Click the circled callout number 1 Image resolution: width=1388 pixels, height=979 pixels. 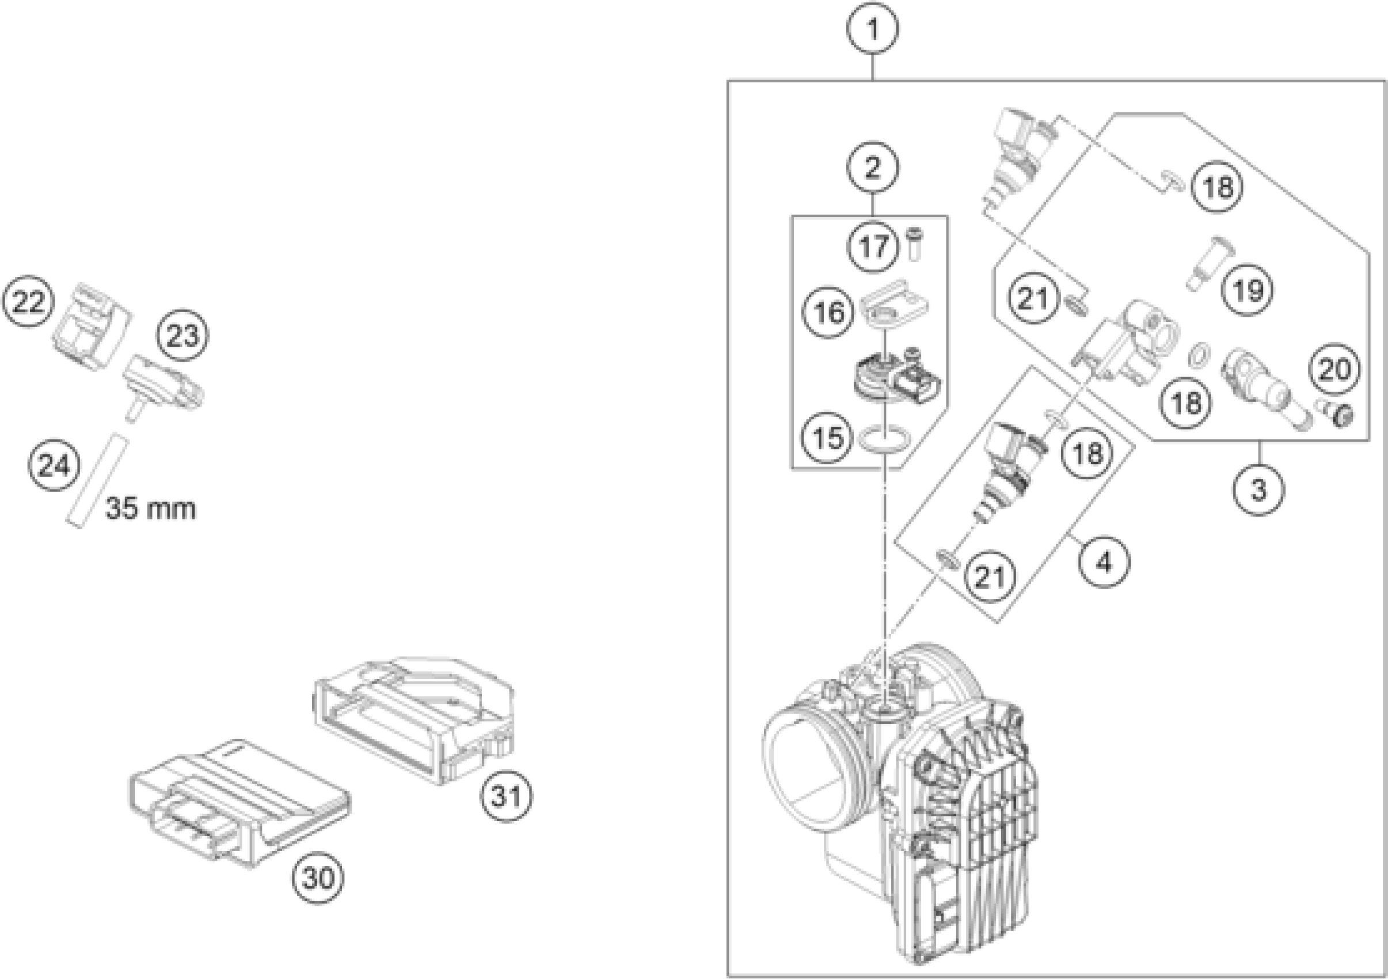[872, 28]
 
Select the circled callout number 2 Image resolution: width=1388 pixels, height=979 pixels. [872, 168]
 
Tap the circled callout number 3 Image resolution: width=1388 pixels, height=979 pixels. [1258, 489]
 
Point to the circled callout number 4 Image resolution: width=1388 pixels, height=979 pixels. [1104, 563]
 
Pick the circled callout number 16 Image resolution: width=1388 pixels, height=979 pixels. [828, 313]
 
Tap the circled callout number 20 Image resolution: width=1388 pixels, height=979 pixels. [1335, 368]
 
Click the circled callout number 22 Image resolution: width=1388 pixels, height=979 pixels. [28, 301]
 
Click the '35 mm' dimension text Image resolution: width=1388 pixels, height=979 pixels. [150, 508]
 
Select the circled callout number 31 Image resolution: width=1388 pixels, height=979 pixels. [507, 796]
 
